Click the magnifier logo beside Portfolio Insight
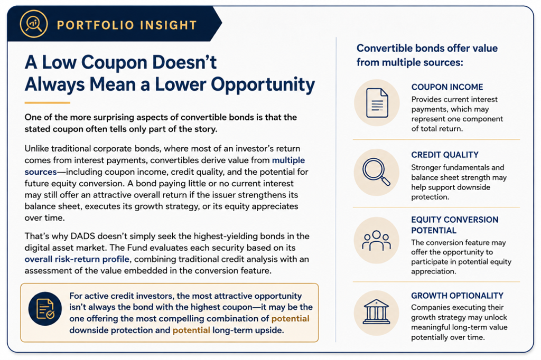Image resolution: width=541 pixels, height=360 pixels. pyautogui.click(x=34, y=24)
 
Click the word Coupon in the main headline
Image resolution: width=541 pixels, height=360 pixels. pyautogui.click(x=113, y=62)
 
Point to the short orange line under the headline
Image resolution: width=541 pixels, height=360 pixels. pyautogui.click(x=47, y=102)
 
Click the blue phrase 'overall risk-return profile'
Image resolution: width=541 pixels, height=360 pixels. pyautogui.click(x=77, y=259)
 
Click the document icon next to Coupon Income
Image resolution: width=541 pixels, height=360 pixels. pyautogui.click(x=377, y=103)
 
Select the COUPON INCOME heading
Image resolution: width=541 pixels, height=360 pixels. pyautogui.click(x=447, y=87)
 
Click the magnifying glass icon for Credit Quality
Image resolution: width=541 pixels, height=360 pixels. pyautogui.click(x=376, y=171)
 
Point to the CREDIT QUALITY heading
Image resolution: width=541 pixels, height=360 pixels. pyautogui.click(x=445, y=155)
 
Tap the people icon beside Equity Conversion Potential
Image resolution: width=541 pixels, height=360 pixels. pyautogui.click(x=376, y=240)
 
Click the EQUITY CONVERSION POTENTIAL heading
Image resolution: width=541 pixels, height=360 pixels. pyautogui.click(x=455, y=225)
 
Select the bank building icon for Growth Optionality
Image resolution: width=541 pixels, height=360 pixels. pyautogui.click(x=376, y=312)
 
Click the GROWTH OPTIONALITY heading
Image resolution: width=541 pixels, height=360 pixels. pyautogui.click(x=457, y=296)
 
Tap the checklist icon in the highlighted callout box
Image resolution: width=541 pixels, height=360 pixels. pyautogui.click(x=45, y=309)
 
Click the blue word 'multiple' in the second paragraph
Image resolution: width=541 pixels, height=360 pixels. pyautogui.click(x=288, y=160)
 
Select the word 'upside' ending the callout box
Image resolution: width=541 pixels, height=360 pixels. pyautogui.click(x=269, y=330)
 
